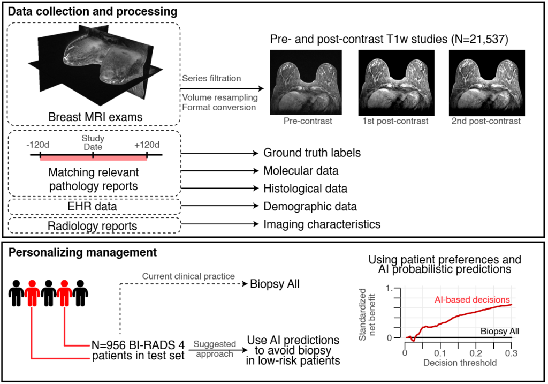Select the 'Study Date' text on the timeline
point(93,142)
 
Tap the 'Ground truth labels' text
point(312,153)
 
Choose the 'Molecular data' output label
point(301,171)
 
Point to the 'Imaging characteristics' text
point(322,224)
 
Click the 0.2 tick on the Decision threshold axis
point(476,354)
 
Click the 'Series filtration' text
point(211,78)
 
